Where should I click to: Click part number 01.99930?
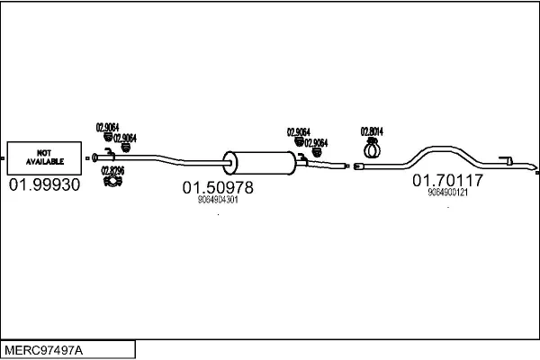(44, 185)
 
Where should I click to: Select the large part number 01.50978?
(218, 187)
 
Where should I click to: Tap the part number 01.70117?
(448, 181)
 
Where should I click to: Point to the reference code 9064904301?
(217, 200)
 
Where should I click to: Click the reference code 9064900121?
(447, 193)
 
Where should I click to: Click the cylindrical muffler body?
(262, 163)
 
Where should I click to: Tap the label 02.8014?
(372, 130)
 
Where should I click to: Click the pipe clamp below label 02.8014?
(372, 147)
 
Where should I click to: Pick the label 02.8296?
(112, 170)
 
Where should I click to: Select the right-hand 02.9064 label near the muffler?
(316, 142)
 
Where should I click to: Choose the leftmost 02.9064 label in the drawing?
(107, 127)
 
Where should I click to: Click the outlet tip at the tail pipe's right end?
(531, 168)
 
